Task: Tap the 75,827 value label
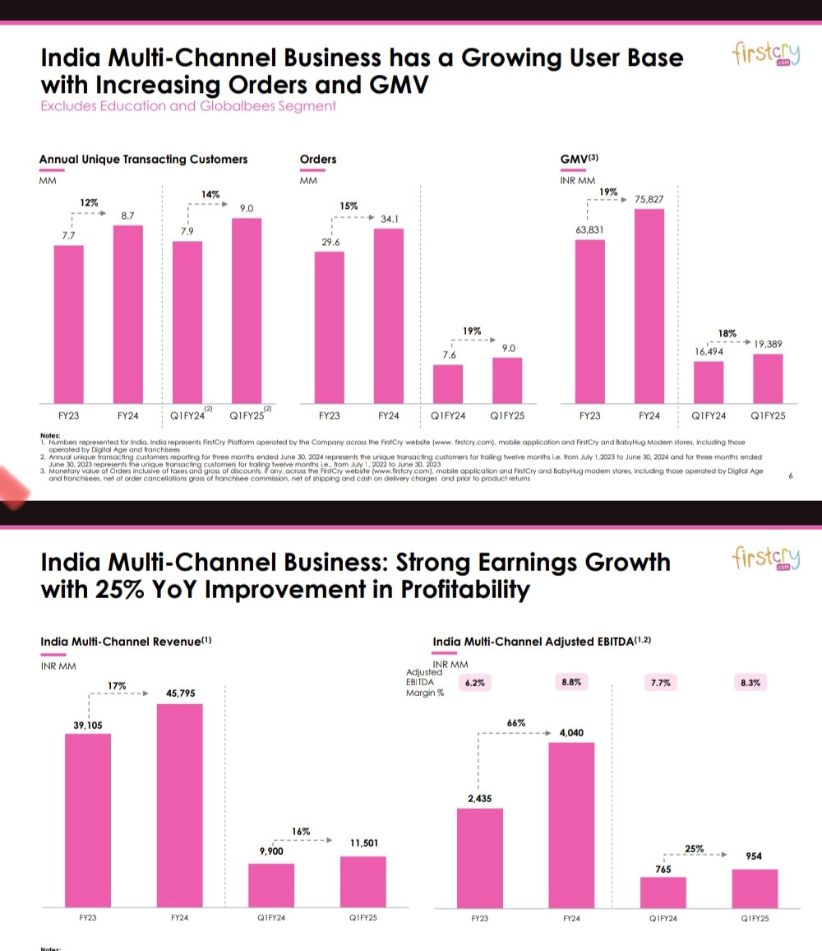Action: click(x=649, y=198)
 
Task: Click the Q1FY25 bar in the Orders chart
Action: click(x=507, y=380)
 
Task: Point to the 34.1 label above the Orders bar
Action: click(x=389, y=219)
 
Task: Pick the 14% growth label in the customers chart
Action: click(x=211, y=194)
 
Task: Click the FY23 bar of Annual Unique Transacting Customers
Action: click(x=69, y=324)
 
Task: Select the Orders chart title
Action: click(x=318, y=159)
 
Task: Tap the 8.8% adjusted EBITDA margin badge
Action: click(x=572, y=682)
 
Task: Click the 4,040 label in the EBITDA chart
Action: click(x=571, y=732)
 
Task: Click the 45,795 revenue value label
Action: click(x=180, y=694)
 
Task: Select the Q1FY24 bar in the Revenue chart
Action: click(x=271, y=885)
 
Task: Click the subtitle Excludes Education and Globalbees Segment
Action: click(x=188, y=106)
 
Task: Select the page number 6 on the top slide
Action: click(x=791, y=475)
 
